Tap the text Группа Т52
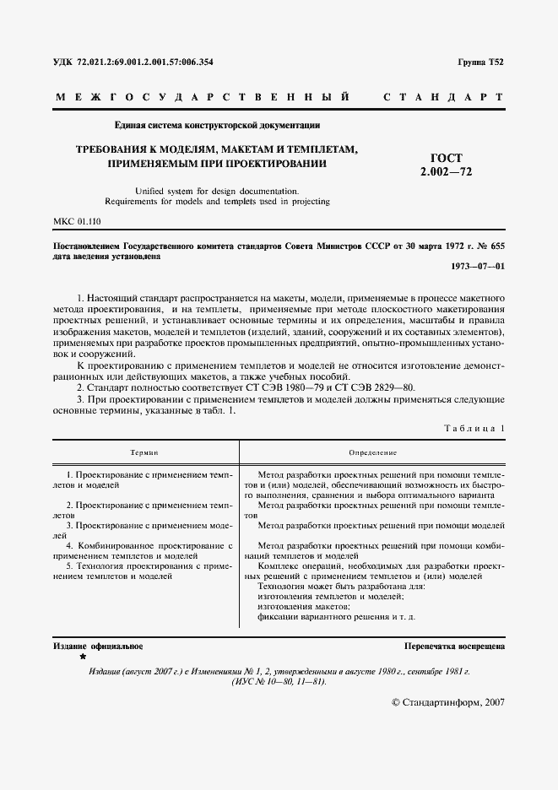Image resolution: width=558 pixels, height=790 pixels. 480,62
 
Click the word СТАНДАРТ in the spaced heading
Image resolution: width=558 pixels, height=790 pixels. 443,98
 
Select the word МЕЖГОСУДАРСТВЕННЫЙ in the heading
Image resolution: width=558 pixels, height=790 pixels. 203,98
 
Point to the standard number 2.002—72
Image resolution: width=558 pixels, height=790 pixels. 446,172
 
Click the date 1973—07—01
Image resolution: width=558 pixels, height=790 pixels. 479,267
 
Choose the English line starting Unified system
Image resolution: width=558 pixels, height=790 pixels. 216,191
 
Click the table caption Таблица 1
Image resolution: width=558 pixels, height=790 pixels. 474,429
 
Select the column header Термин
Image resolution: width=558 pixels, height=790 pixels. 144,453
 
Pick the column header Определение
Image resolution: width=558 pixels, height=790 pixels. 372,453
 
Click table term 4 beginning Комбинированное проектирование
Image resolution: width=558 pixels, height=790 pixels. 142,551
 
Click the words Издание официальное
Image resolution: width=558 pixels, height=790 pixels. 98,646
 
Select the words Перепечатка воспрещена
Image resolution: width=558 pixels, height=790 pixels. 454,646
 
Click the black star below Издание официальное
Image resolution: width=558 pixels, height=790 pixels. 83,656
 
